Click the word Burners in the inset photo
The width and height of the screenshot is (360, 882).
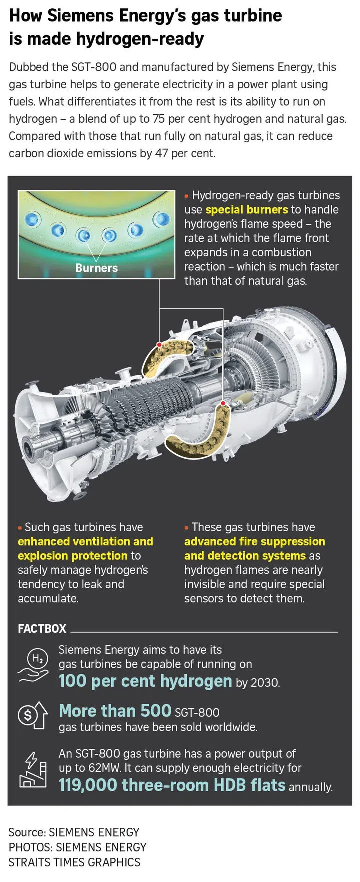point(96,268)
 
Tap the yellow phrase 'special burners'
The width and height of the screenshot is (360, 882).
point(246,210)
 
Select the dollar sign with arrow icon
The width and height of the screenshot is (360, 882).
point(32,715)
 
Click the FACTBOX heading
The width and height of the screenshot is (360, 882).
point(42,629)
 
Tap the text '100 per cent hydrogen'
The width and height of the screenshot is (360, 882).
point(145,681)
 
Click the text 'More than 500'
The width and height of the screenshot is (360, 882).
point(115,711)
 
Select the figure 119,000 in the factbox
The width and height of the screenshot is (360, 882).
point(87,785)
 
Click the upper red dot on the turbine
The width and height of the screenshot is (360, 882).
point(159,345)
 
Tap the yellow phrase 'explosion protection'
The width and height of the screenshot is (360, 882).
point(73,556)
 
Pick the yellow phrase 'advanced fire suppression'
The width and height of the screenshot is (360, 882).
point(254,541)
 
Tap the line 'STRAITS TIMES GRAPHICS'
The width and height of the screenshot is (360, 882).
point(74,862)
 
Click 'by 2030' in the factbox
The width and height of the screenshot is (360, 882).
point(258,683)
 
